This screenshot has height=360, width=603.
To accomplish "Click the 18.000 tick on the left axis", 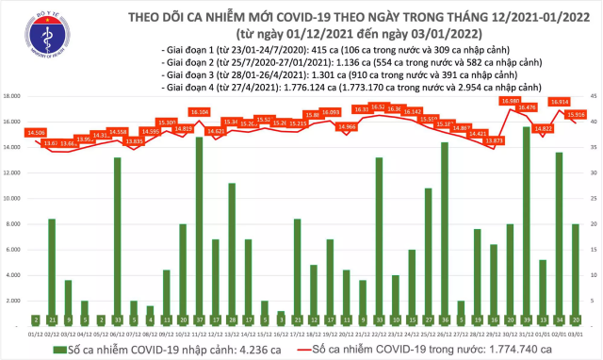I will pyautogui.click(x=14, y=96).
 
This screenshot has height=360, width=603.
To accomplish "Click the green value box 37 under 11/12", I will pyautogui.click(x=199, y=319).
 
